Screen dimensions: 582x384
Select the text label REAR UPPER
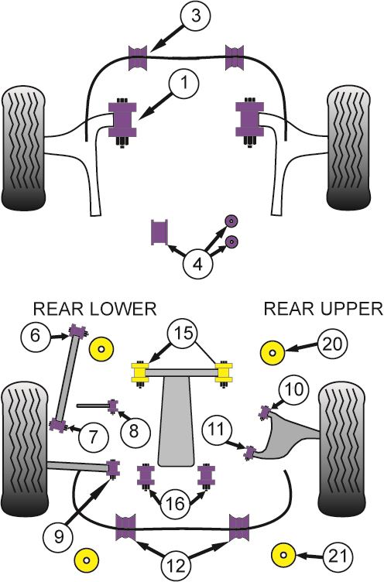pyautogui.click(x=323, y=309)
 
